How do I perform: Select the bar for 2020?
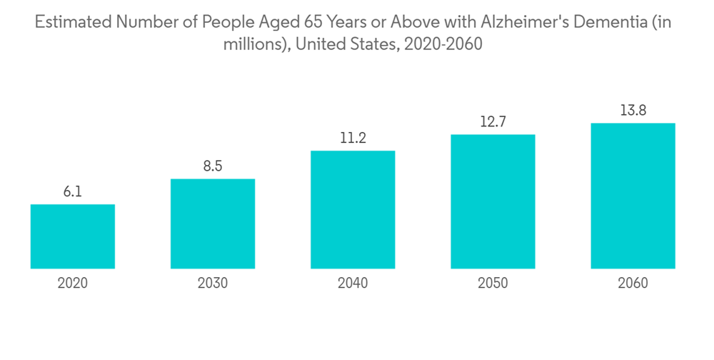(x=73, y=236)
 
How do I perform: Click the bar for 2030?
(x=213, y=224)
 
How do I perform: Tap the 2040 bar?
(x=353, y=209)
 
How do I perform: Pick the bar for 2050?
(x=493, y=201)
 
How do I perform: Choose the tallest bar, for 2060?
(x=633, y=196)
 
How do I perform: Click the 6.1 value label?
(x=73, y=192)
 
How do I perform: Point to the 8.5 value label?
(x=213, y=166)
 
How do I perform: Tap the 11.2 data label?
(x=353, y=138)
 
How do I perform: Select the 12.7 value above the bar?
(x=493, y=122)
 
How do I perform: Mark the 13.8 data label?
(x=633, y=111)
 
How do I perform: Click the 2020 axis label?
(x=73, y=284)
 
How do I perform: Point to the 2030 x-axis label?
(x=213, y=284)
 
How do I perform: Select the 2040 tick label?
(x=353, y=284)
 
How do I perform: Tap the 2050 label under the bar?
(x=493, y=284)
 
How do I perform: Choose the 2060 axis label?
(x=633, y=284)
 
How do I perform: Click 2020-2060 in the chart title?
(x=443, y=44)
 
